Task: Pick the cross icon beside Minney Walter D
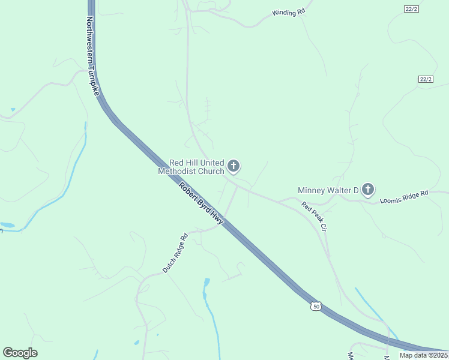[x=368, y=190]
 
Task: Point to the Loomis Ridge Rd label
[x=404, y=197]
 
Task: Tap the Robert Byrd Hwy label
[x=201, y=204]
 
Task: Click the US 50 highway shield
[x=316, y=307]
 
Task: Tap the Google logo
[x=20, y=353]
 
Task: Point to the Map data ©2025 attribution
[x=423, y=355]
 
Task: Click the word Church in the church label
[x=211, y=171]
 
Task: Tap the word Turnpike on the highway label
[x=94, y=79]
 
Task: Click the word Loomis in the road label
[x=391, y=199]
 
